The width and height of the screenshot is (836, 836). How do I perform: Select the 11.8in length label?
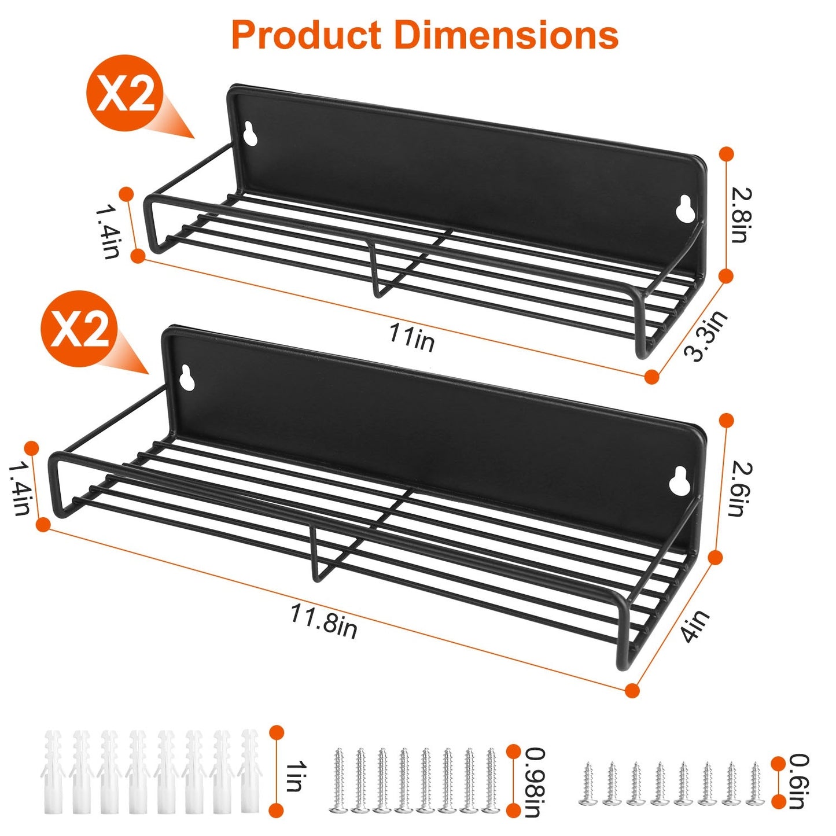tap(323, 621)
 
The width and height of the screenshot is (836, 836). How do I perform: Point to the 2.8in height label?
tap(741, 215)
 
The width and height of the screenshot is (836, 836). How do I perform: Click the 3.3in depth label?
tap(706, 336)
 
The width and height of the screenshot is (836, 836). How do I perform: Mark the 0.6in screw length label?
tap(799, 781)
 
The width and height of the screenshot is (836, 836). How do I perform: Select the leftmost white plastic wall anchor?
tap(53, 772)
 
